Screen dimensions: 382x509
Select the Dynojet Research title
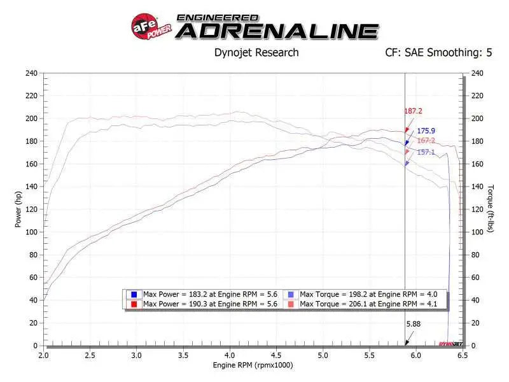coord(256,53)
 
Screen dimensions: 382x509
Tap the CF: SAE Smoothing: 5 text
coord(438,53)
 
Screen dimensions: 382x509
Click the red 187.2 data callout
coord(414,111)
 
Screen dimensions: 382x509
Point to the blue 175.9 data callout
coord(426,131)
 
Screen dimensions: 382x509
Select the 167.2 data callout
coord(426,141)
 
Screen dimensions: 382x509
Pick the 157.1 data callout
coord(426,152)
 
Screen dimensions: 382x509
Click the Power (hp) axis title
coord(18,210)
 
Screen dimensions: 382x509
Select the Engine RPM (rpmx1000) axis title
coord(253,365)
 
